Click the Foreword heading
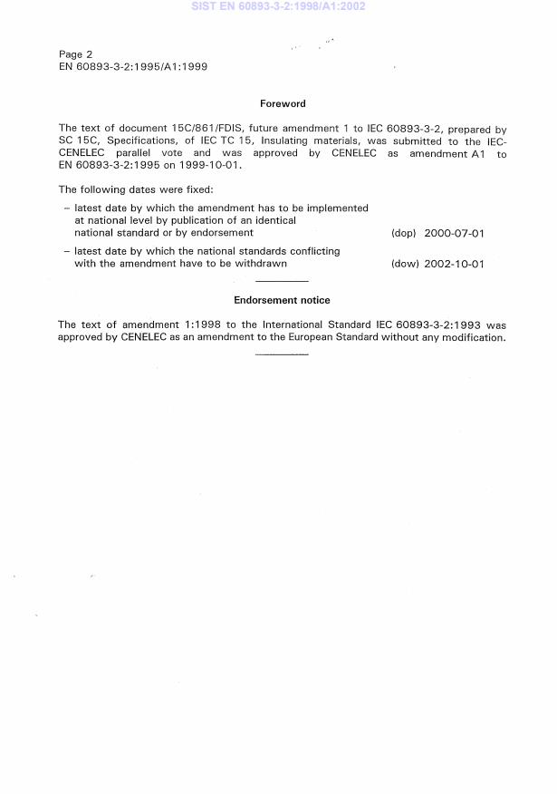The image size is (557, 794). [283, 104]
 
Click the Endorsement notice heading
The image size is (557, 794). [282, 300]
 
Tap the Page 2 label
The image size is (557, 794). [75, 54]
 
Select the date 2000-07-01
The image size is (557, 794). [454, 234]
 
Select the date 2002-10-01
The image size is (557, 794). [454, 264]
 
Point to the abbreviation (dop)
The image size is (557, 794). [403, 234]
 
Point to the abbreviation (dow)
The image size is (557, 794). [403, 264]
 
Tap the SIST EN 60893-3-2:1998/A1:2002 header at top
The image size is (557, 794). [278, 6]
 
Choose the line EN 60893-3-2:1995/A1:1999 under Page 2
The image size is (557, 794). [133, 67]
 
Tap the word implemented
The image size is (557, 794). [336, 208]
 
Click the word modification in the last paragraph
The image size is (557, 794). [473, 337]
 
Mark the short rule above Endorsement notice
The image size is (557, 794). [282, 281]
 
